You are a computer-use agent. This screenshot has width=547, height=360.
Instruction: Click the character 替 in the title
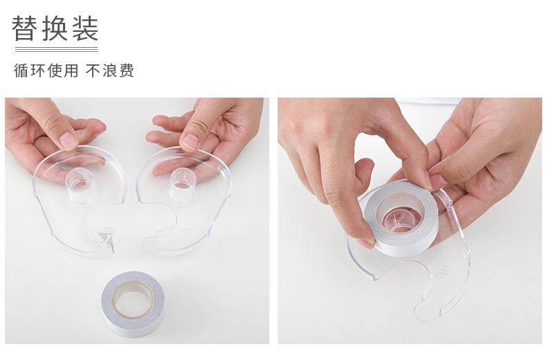(25, 28)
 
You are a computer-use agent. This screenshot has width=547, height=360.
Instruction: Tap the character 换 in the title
(55, 28)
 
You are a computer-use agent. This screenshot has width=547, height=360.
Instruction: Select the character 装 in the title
(85, 28)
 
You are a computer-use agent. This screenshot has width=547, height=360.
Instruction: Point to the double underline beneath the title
(56, 50)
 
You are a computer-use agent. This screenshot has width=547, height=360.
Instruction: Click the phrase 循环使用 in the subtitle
(46, 71)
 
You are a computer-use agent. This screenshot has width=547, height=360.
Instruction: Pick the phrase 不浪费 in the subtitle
(110, 71)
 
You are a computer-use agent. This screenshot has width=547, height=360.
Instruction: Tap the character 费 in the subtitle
(127, 71)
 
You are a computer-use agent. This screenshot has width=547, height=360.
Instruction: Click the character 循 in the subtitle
(21, 71)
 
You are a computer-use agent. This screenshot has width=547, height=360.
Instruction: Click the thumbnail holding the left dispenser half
(69, 141)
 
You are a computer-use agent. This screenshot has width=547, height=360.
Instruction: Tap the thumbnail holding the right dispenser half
(190, 141)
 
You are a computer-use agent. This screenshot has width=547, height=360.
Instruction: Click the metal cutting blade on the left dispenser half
(108, 240)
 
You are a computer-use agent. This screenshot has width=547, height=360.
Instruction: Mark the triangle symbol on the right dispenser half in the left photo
(186, 233)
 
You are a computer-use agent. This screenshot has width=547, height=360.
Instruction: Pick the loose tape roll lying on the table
(133, 303)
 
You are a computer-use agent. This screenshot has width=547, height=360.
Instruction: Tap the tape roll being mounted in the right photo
(400, 219)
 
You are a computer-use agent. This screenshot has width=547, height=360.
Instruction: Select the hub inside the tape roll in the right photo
(400, 221)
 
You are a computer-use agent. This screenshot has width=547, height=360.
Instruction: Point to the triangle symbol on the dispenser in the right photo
(444, 271)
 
